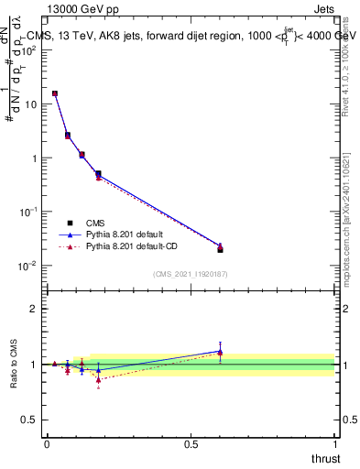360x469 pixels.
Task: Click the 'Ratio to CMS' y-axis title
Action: (16, 364)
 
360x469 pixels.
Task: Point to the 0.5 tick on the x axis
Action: (191, 443)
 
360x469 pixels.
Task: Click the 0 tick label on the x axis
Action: (47, 443)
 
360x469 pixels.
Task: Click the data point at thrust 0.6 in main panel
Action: (220, 248)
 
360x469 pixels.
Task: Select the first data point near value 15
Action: (55, 93)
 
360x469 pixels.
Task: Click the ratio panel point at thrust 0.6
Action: (220, 352)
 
